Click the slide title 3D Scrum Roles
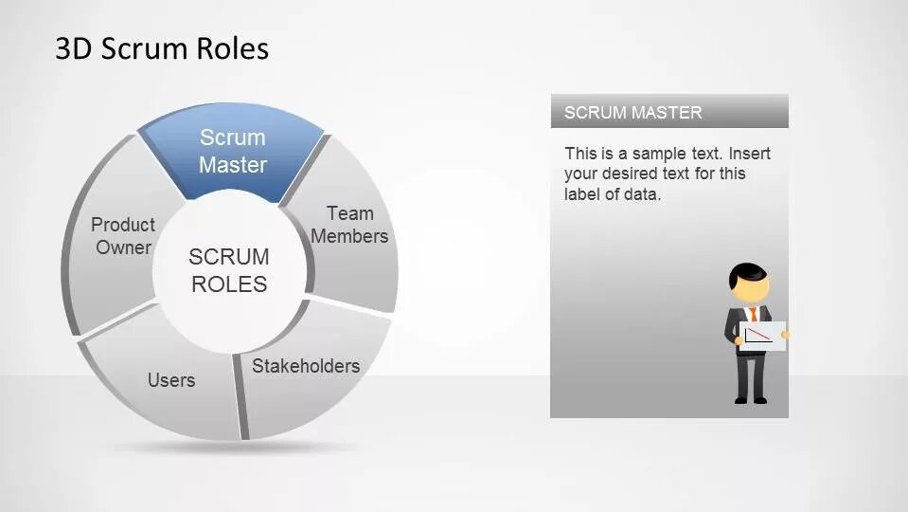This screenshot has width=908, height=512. coord(162,48)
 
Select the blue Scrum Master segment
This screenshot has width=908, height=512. coord(232,152)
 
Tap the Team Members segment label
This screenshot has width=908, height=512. coord(349,225)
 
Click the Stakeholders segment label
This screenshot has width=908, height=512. coord(306,366)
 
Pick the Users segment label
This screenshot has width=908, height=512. coord(171,380)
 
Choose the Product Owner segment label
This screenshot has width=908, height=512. coord(123,236)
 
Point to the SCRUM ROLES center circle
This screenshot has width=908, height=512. coord(229,270)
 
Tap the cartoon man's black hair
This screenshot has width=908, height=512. coord(747,272)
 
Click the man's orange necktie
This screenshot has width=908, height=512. coord(753,315)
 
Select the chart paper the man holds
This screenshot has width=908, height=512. coord(762,336)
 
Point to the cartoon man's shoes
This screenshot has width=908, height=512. coord(750,400)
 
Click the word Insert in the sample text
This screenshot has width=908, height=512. coord(750,154)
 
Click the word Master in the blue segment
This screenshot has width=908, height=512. coord(233,165)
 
